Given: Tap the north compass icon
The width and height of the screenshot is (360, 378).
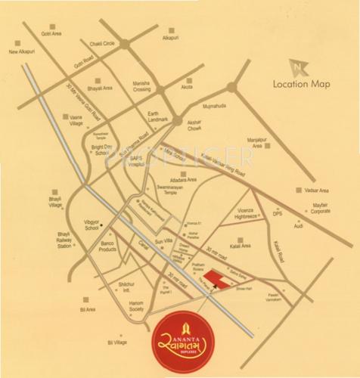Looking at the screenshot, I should [x=302, y=67].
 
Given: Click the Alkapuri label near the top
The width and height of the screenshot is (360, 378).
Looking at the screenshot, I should [x=173, y=36].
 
